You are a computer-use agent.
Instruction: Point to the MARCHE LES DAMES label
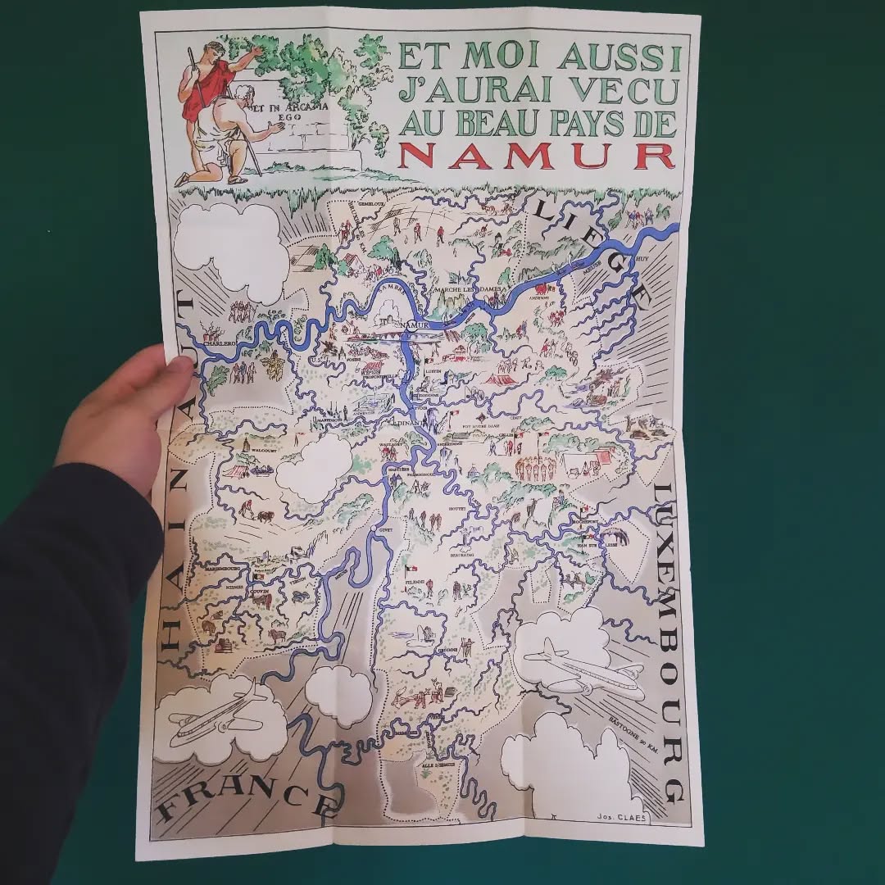464,288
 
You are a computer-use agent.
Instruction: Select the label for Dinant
407,424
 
